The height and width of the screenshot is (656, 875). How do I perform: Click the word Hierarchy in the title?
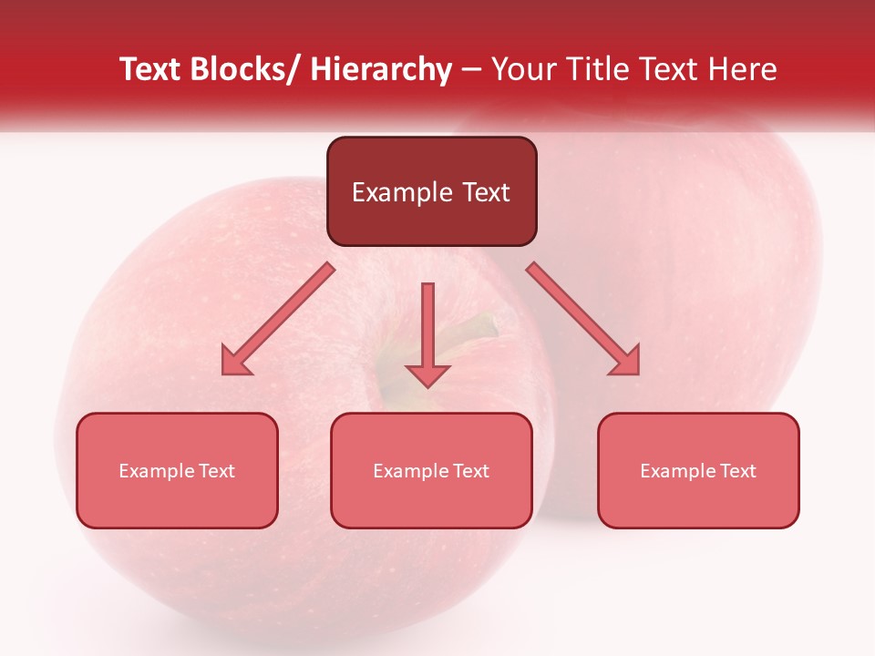click(x=381, y=69)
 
